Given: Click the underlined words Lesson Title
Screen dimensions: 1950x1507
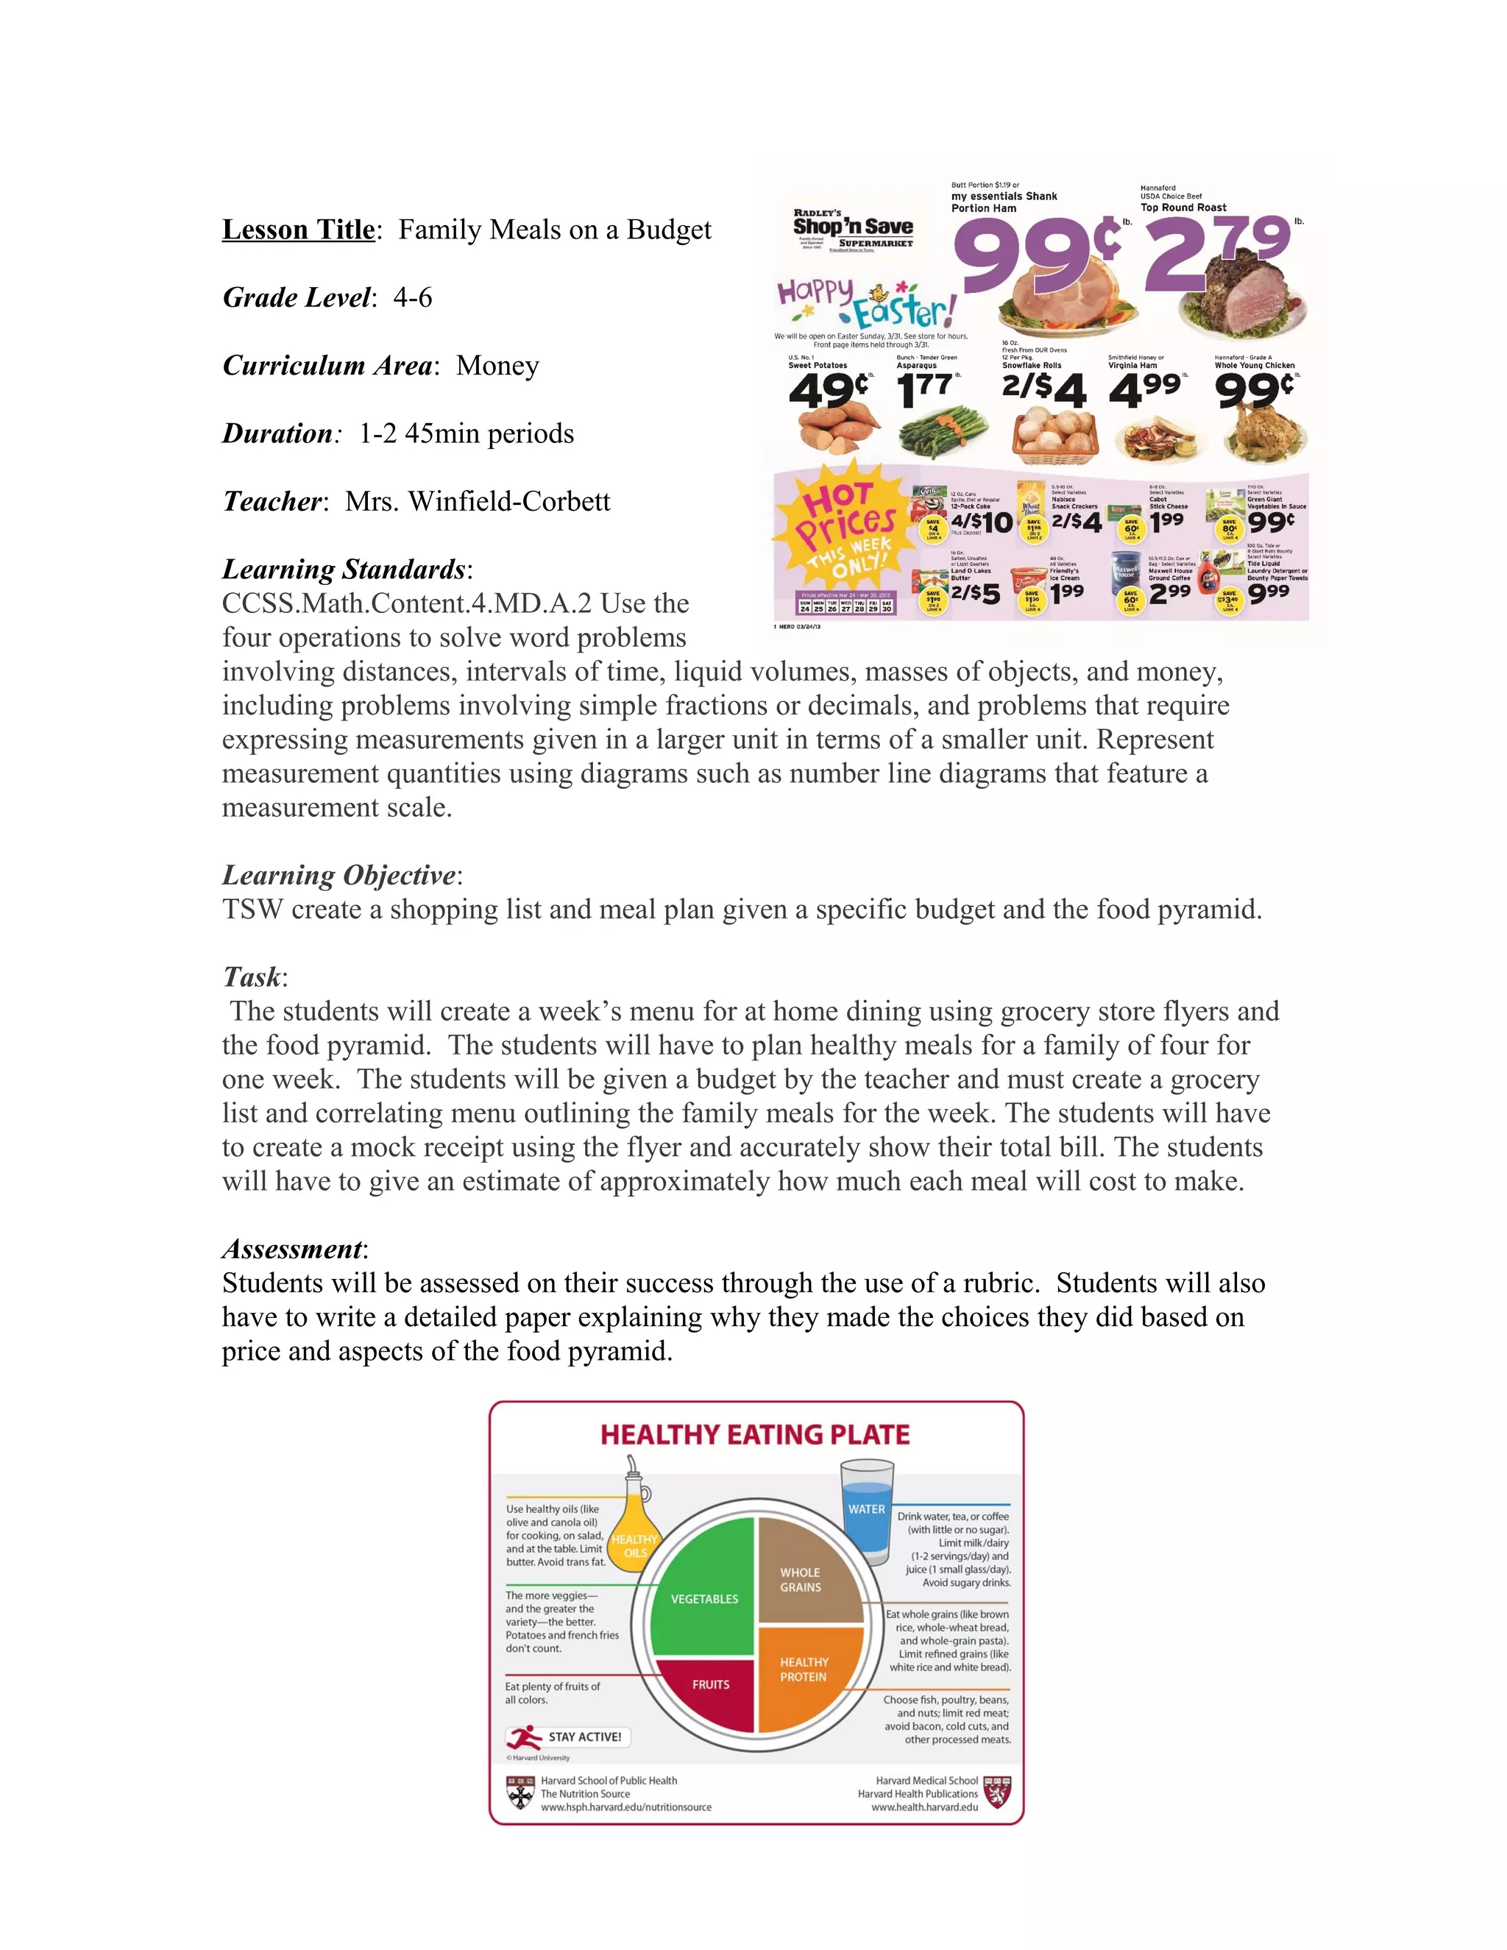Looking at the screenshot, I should tap(298, 230).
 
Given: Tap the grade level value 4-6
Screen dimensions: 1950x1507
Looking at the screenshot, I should tap(413, 297).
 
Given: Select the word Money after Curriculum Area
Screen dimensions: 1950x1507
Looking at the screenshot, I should tap(497, 365).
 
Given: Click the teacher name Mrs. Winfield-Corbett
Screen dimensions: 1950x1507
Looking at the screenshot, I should tap(478, 501).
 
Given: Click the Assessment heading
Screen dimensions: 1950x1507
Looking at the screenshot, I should tap(293, 1248).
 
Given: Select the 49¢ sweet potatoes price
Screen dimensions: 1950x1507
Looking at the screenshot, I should tap(829, 390).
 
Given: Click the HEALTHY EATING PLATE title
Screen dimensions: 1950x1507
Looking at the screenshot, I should tap(754, 1435).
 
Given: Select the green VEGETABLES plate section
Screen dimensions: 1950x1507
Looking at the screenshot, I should tap(704, 1598).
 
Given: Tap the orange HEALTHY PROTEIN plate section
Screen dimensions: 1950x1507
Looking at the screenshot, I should tap(804, 1670).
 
